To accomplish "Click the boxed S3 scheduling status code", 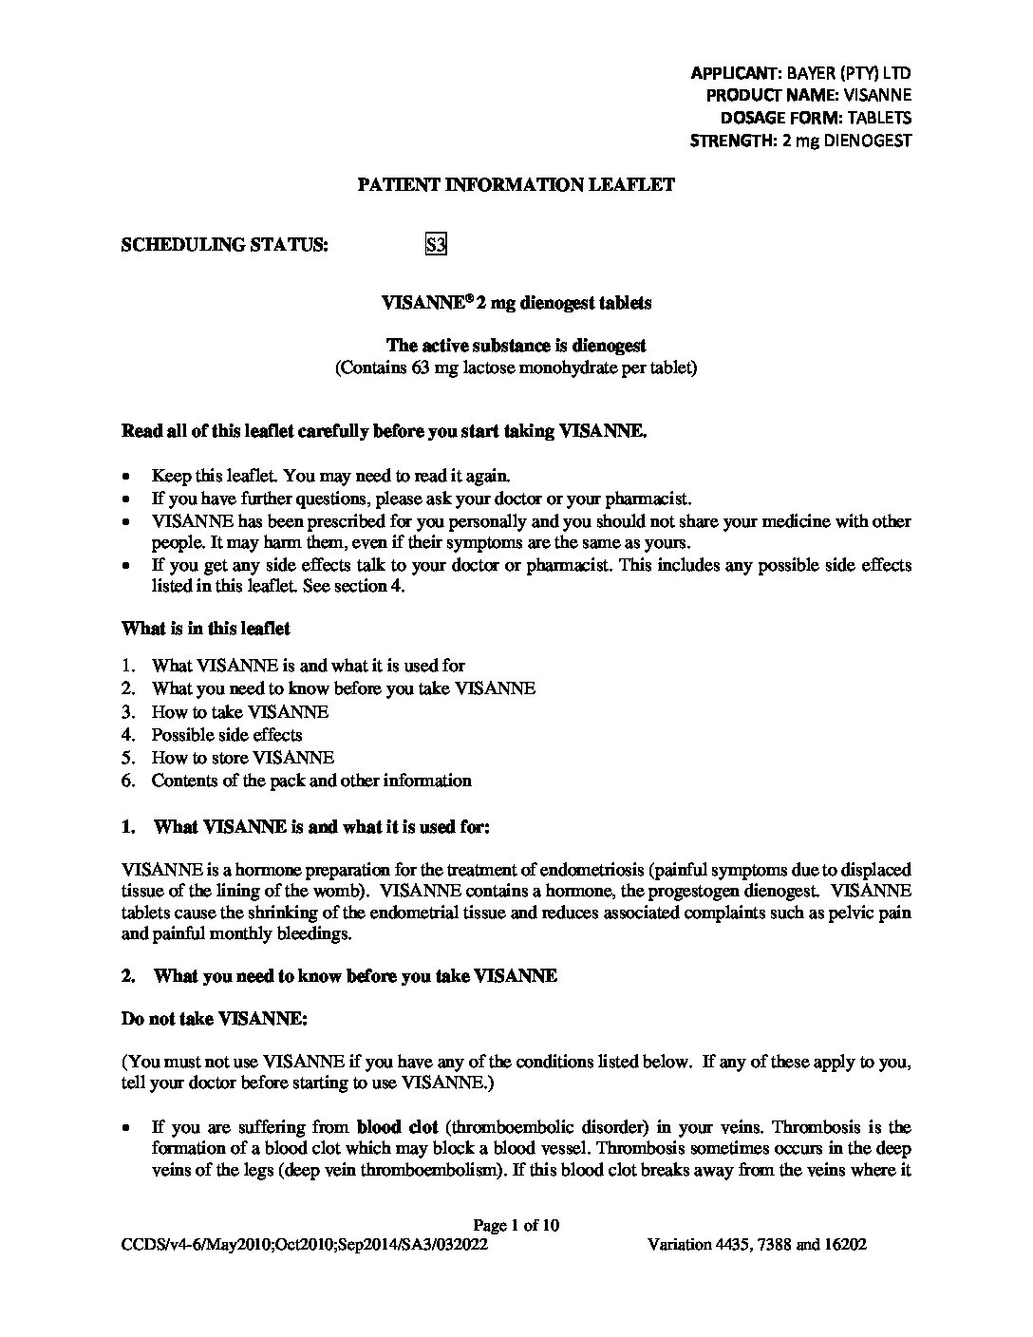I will click(435, 245).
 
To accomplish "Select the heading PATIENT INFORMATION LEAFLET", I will click(516, 185).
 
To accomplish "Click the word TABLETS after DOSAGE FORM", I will click(878, 118).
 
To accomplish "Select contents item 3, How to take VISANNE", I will click(239, 712).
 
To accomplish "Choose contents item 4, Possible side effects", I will click(226, 735).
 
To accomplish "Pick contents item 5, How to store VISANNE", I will click(242, 758).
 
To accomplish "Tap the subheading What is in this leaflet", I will click(206, 629).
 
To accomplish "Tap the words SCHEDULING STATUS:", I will click(225, 245).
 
